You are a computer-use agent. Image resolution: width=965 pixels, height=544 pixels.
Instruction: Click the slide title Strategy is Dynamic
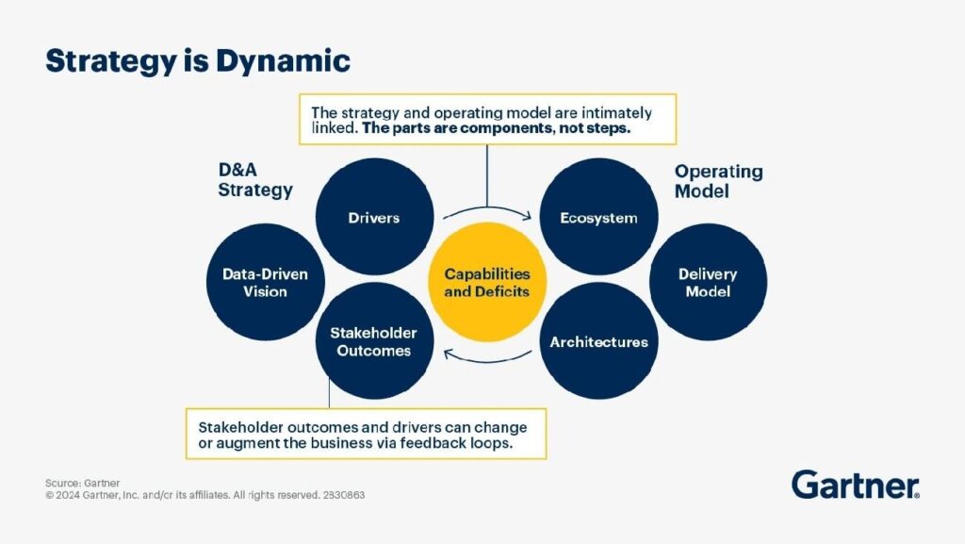(x=198, y=61)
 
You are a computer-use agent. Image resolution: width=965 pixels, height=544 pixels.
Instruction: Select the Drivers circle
(x=373, y=219)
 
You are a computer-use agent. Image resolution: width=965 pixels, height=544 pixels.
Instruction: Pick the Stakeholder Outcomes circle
(x=373, y=341)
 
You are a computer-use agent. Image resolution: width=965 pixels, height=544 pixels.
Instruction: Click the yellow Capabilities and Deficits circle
(x=486, y=282)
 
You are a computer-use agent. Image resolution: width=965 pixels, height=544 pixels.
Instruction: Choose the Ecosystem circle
(x=598, y=219)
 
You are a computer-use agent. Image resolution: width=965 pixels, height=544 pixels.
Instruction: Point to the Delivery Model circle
(x=708, y=282)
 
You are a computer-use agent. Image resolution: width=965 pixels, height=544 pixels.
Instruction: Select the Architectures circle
(x=598, y=341)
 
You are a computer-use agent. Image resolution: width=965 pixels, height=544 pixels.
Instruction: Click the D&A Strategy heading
(x=255, y=180)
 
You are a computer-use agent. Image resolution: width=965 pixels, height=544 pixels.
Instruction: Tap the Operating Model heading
(x=719, y=180)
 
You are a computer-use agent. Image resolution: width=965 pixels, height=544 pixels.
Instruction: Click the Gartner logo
(x=855, y=485)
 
